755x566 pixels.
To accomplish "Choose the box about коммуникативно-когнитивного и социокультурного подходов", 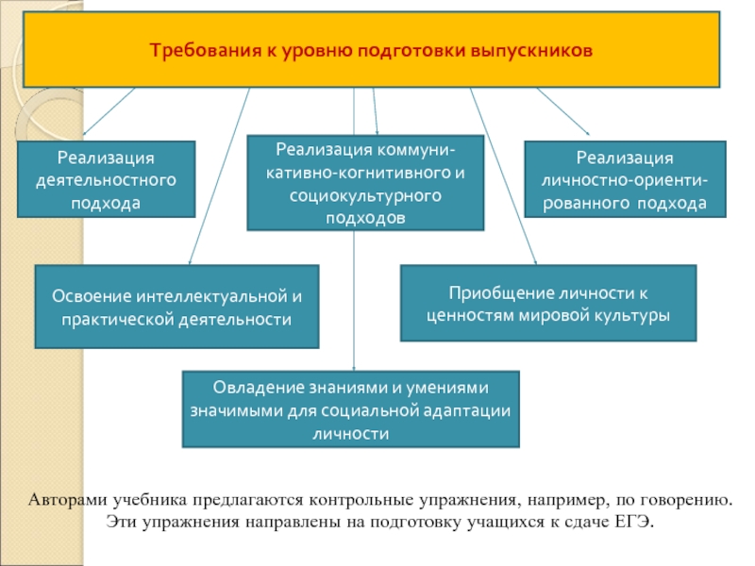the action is pos(365,183).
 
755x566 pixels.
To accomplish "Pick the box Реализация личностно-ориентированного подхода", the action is pos(625,179).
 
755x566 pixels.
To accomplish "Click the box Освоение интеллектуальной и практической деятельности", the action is pos(176,307).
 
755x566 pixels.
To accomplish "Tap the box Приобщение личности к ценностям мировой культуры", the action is pos(548,303).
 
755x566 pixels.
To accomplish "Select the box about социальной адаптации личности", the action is pos(350,408).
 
